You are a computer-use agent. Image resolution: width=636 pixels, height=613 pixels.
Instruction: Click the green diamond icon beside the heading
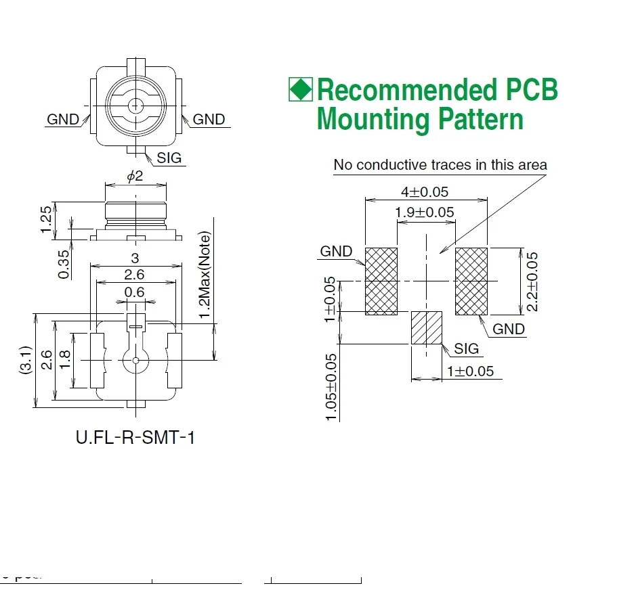pos(301,90)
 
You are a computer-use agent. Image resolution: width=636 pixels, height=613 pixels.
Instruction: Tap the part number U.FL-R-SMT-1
pos(135,437)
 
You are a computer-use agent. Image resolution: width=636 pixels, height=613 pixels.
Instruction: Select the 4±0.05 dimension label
pos(425,192)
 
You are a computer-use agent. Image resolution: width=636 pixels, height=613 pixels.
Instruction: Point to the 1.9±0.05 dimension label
pos(425,212)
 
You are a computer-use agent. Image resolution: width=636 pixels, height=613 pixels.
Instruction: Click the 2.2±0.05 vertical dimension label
pos(532,281)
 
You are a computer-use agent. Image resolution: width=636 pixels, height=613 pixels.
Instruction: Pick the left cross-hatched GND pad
pos(381,281)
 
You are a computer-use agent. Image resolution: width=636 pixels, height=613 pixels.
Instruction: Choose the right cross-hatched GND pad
pos(471,281)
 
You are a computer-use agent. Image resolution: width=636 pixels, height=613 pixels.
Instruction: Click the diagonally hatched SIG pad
pos(426,327)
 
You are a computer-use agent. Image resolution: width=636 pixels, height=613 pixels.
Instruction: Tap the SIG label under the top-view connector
pos(169,158)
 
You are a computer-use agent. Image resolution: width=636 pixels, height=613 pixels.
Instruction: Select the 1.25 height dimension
pos(45,221)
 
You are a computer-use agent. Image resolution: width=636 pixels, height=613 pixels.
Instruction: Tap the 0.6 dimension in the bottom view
pos(135,292)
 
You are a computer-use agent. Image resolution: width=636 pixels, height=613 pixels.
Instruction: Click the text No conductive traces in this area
pos(440,165)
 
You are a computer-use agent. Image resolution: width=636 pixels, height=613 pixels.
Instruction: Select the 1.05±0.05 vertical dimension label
pos(332,387)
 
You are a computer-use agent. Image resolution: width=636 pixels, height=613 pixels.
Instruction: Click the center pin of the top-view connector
pos(135,106)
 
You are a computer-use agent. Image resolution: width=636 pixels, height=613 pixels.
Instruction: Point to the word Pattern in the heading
pos(480,120)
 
